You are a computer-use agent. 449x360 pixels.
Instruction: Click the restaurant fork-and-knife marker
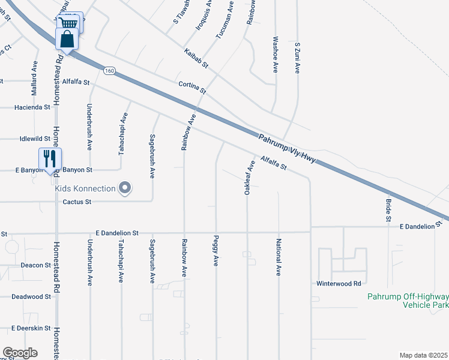pos(50,158)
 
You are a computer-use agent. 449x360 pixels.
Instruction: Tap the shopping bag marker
pos(67,39)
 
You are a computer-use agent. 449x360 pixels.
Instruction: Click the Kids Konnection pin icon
pos(125,188)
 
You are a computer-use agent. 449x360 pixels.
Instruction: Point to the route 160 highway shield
pos(109,71)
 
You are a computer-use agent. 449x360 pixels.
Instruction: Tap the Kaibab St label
pos(196,58)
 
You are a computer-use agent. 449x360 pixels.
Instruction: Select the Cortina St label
pos(192,88)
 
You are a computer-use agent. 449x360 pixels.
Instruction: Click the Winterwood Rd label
pos(339,283)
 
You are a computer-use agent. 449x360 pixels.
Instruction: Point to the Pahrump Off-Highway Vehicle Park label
pos(408,301)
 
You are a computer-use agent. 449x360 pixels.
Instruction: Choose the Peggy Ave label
pos(215,251)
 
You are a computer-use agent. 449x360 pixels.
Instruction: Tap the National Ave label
pos(278,257)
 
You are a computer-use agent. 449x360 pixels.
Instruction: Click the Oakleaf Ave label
pos(246,176)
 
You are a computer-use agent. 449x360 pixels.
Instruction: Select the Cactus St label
pos(77,202)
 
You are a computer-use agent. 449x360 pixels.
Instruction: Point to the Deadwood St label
pos(31,296)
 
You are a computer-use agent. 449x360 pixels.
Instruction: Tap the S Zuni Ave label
pos(297,58)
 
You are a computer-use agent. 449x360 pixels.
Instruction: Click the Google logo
pos(20,353)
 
